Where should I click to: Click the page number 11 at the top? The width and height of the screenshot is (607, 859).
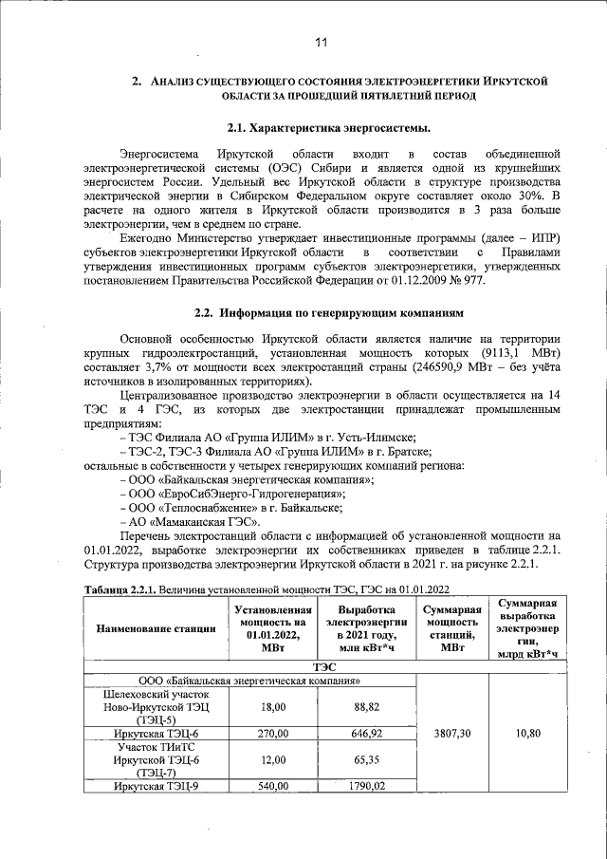click(x=322, y=43)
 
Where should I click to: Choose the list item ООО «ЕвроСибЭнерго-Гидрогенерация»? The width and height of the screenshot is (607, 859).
click(x=233, y=494)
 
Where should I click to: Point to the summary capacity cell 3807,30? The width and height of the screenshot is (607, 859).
click(x=451, y=734)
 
